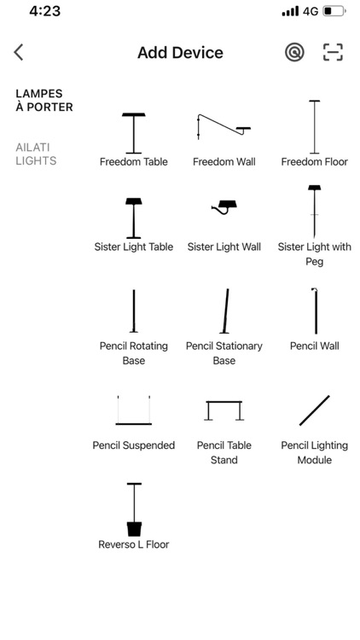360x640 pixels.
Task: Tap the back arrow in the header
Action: pos(19,53)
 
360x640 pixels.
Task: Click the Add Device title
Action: pos(180,53)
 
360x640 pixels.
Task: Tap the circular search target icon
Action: pos(294,53)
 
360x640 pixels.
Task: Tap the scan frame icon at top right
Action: pos(333,53)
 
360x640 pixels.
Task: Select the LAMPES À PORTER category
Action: pos(44,101)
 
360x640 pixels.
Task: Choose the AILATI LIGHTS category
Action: pos(36,154)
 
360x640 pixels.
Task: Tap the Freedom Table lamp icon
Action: pos(134,132)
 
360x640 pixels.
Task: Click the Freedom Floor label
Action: pos(314,161)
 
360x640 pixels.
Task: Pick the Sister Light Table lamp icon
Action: pos(134,218)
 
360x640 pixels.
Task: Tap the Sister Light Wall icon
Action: pos(224,207)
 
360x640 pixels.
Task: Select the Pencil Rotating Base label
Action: pos(134,353)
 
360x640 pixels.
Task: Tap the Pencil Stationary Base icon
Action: pos(225,311)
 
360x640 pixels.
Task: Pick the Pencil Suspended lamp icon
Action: pos(134,410)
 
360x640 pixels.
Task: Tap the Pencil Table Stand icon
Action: pos(224,410)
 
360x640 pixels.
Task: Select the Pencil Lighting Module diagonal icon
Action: pos(314,410)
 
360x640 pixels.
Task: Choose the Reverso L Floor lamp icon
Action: pos(134,509)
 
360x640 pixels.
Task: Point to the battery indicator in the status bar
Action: pos(334,12)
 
